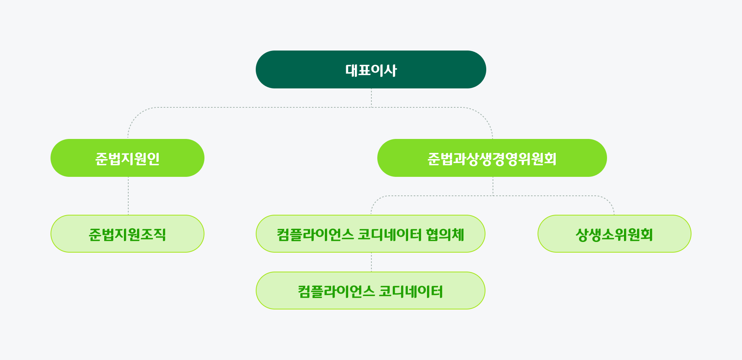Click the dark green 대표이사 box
[371, 69]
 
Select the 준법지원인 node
[127, 158]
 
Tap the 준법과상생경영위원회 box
[492, 158]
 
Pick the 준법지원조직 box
[127, 234]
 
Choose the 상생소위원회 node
[615, 234]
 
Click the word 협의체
[445, 234]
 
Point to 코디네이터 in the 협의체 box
[390, 234]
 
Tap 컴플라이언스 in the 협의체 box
[315, 234]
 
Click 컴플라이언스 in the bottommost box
[336, 291]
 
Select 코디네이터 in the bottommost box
[411, 291]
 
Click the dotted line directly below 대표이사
[371, 98]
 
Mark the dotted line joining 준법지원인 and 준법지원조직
[128, 196]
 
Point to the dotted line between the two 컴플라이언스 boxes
[371, 262]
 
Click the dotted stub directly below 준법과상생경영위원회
[493, 186]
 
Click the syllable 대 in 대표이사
[352, 70]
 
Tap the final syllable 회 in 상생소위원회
[646, 234]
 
